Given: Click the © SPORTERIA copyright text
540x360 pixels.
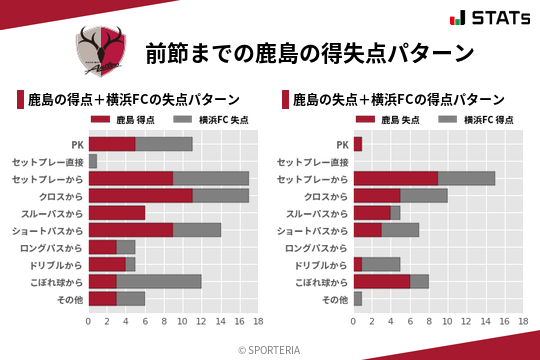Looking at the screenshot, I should [x=270, y=350].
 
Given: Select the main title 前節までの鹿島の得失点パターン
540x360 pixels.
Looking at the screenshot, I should [x=309, y=52].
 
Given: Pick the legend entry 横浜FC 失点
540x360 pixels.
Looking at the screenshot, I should [x=212, y=120].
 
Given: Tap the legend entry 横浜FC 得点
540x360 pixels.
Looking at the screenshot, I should [x=477, y=120].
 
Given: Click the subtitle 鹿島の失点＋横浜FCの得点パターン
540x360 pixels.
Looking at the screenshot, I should [x=397, y=100].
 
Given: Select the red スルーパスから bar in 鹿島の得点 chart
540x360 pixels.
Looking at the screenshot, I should [x=117, y=212].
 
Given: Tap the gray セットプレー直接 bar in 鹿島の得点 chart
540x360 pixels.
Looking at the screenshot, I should [x=93, y=160].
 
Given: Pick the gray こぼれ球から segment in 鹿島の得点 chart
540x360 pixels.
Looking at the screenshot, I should [x=159, y=281].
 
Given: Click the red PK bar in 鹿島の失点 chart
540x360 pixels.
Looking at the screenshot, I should [x=358, y=143].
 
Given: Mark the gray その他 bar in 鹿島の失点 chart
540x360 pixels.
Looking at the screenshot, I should [x=358, y=298].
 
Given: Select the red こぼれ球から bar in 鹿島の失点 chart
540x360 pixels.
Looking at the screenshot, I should [x=382, y=281].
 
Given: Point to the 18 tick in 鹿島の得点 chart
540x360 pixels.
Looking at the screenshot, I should [x=258, y=321].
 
